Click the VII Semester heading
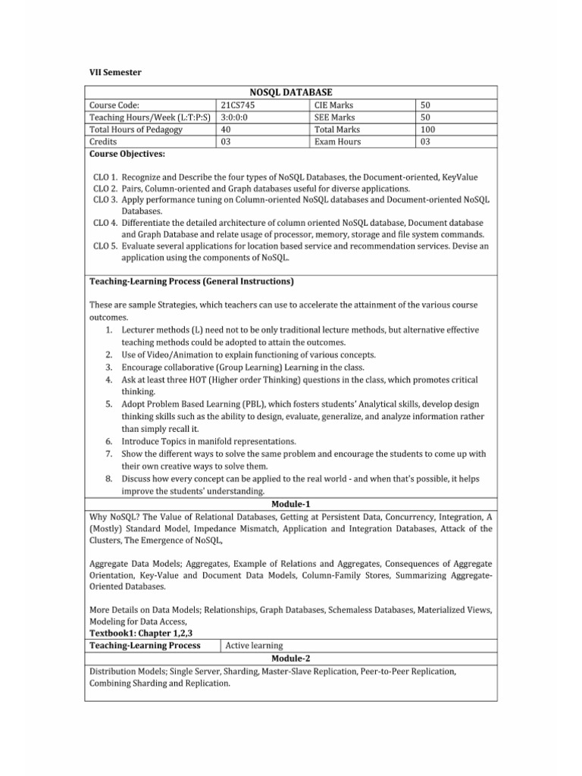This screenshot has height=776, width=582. point(115,72)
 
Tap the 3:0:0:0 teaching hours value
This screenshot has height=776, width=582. point(238,117)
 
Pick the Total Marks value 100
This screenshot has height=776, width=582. point(428,130)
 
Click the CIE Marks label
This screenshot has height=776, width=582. point(333,105)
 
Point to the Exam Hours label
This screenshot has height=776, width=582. point(337,142)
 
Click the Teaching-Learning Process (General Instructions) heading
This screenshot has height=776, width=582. point(192,281)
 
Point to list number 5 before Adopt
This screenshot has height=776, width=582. point(109,404)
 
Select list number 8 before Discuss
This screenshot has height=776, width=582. point(109,478)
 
